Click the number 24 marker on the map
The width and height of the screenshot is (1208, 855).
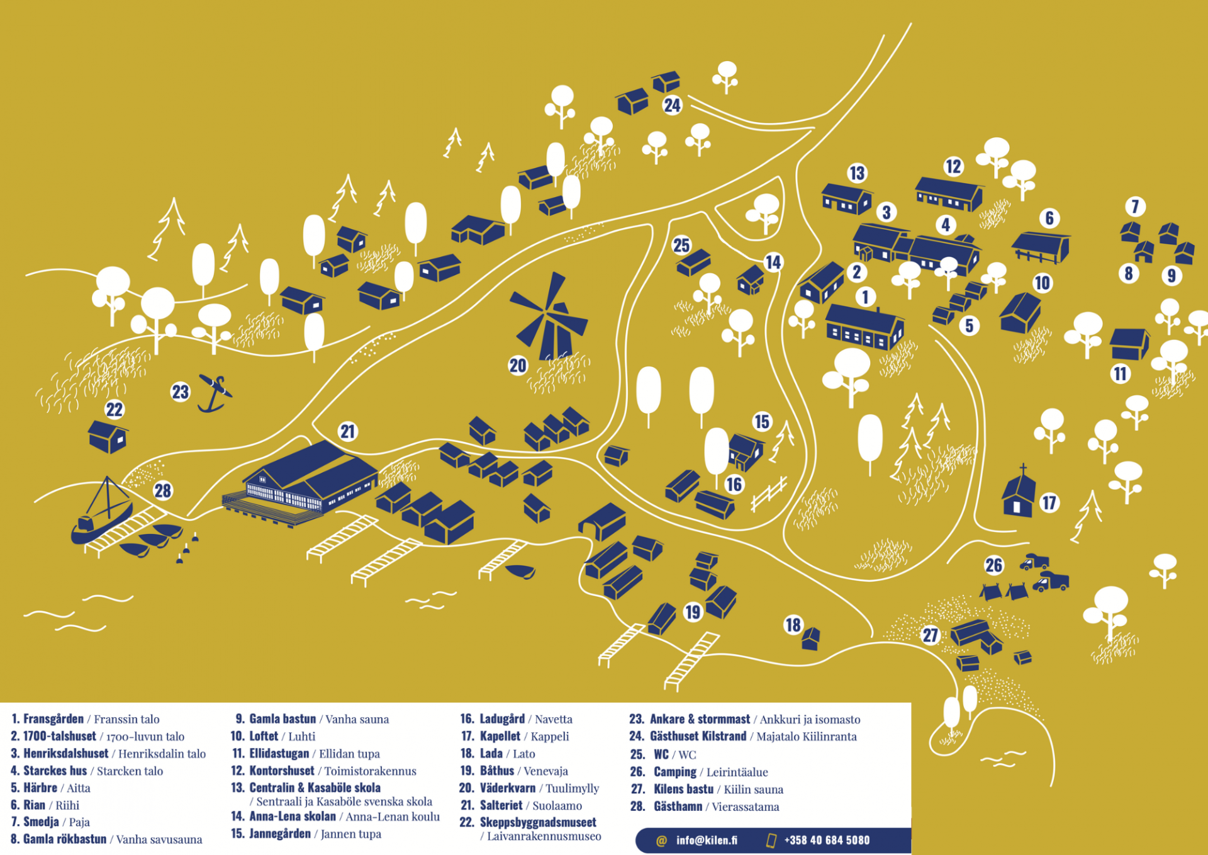[x=672, y=105]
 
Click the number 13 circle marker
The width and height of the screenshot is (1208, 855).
[x=857, y=173]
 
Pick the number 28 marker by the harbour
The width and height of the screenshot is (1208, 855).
[x=163, y=490]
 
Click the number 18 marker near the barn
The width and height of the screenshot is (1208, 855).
[x=793, y=625]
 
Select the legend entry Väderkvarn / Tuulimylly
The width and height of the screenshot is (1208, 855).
[x=529, y=788]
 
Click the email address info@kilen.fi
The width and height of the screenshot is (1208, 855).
[x=707, y=840]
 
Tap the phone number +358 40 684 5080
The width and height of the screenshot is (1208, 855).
[x=827, y=840]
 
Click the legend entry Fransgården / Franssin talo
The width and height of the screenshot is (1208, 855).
[x=86, y=719]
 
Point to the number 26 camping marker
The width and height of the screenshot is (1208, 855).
[x=993, y=565]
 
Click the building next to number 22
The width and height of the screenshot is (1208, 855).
[x=108, y=436]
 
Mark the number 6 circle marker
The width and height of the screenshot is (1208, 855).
[x=1049, y=218]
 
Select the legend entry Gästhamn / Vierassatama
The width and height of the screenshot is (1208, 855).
[x=705, y=807]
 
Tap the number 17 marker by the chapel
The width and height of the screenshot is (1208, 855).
[x=1049, y=502]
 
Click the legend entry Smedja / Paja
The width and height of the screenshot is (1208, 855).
[x=50, y=822]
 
